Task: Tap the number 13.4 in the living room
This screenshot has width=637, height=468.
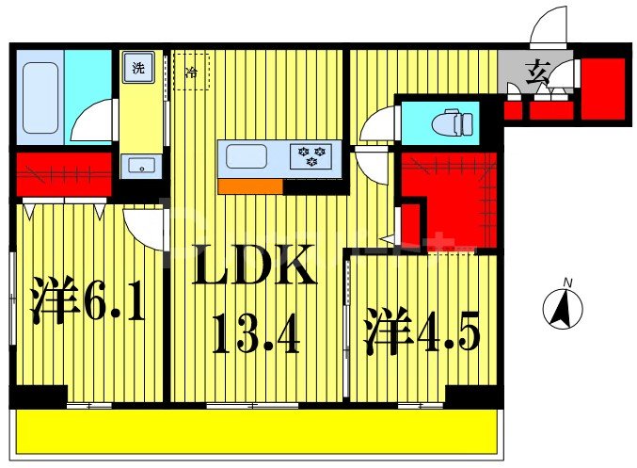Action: coord(255,334)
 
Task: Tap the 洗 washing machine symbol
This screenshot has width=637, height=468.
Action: coord(138,69)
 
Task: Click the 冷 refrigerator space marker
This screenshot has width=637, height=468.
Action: coord(192,72)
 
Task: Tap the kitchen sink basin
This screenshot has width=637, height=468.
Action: coord(247,156)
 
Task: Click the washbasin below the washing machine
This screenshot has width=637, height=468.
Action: coord(140,167)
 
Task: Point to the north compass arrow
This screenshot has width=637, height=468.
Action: coord(565,308)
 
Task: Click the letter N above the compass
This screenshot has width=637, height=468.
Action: coord(566,282)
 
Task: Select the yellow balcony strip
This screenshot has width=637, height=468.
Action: coord(254,433)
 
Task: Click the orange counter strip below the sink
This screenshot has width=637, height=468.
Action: coord(249,186)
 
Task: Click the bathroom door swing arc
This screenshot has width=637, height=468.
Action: coord(93,123)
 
